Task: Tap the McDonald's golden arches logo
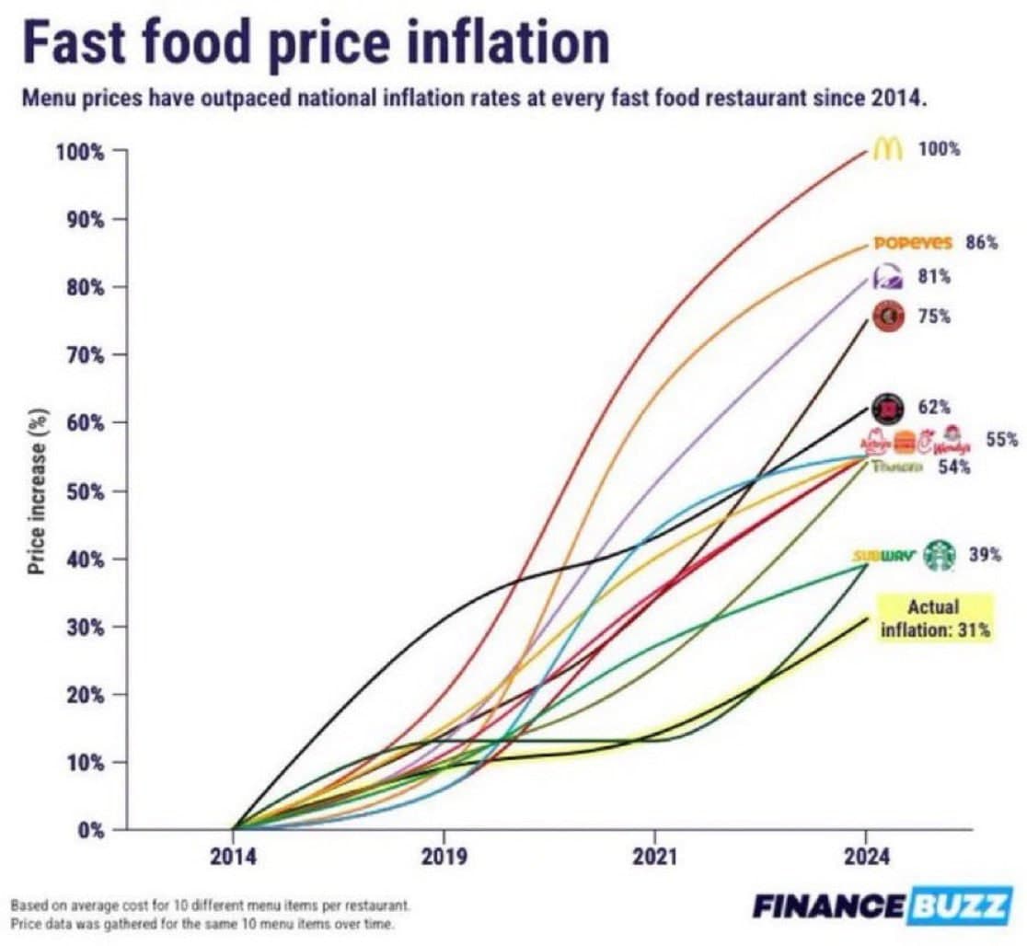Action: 886,149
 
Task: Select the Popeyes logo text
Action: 912,243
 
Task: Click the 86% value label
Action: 981,243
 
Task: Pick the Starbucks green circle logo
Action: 939,555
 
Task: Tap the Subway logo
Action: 883,556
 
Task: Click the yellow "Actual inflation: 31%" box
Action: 933,618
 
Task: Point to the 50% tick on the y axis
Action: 85,491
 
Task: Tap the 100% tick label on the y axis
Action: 81,152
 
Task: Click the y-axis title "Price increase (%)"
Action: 37,490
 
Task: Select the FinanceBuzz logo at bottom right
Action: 880,906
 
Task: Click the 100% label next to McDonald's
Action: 939,149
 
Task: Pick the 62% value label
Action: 934,407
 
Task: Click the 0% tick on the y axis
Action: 90,830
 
